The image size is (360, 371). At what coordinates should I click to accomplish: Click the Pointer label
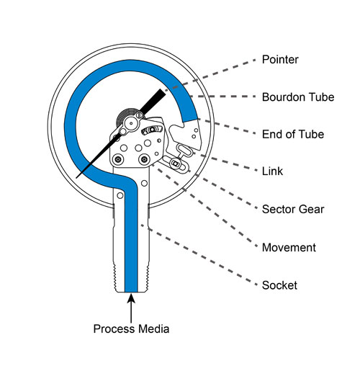pyautogui.click(x=280, y=59)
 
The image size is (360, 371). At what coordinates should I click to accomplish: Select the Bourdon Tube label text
pyautogui.click(x=298, y=97)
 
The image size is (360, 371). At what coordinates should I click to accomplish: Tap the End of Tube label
pyautogui.click(x=293, y=134)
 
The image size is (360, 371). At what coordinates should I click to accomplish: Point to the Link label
pyautogui.click(x=272, y=171)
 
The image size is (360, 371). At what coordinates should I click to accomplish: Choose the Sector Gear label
pyautogui.click(x=293, y=209)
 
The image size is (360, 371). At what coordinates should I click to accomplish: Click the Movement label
pyautogui.click(x=289, y=247)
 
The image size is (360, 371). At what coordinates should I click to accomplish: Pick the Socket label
pyautogui.click(x=279, y=285)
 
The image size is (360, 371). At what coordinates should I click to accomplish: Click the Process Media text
pyautogui.click(x=131, y=328)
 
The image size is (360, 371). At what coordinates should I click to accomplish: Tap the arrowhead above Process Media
pyautogui.click(x=131, y=298)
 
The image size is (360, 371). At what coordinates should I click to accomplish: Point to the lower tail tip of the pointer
pyautogui.click(x=76, y=177)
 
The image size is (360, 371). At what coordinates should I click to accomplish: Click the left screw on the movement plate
pyautogui.click(x=118, y=158)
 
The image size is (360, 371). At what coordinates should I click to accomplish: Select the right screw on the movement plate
pyautogui.click(x=144, y=158)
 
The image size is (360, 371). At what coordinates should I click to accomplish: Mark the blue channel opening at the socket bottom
pyautogui.click(x=131, y=291)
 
